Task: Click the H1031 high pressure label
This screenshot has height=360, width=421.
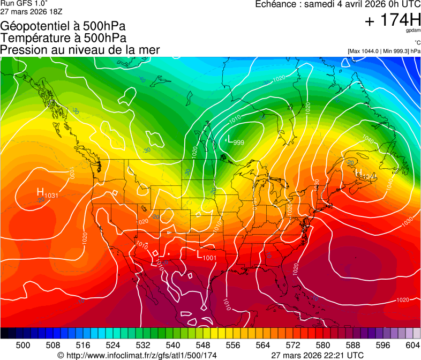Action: tap(47, 193)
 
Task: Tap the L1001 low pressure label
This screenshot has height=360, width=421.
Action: tap(207, 256)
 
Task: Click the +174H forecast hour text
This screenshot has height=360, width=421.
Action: tap(392, 21)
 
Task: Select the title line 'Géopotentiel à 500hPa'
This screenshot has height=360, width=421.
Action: tap(63, 26)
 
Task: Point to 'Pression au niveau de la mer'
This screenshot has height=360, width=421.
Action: tap(80, 50)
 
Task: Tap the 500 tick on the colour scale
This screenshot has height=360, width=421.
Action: tap(23, 344)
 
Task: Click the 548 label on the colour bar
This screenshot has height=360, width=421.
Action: tap(216, 344)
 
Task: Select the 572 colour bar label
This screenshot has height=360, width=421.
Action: tap(312, 344)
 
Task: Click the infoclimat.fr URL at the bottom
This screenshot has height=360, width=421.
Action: tap(137, 355)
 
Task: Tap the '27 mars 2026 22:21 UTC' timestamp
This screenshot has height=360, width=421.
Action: tap(317, 355)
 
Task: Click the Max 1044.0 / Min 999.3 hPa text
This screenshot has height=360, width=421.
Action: tap(384, 51)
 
